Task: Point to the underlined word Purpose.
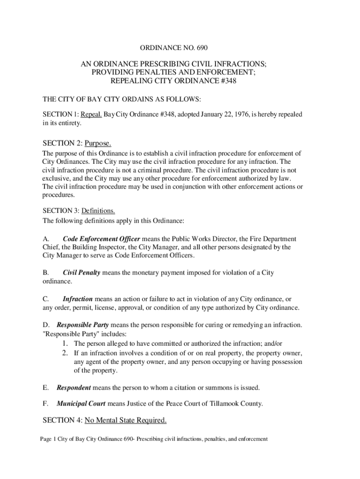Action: pos(98,143)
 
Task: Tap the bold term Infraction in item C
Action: pos(77,298)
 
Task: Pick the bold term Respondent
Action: pos(74,388)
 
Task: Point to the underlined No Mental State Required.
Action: pos(125,421)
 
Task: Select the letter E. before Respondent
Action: pos(45,388)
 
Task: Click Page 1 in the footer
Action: pos(48,439)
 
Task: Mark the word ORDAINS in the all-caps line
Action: pos(129,99)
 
